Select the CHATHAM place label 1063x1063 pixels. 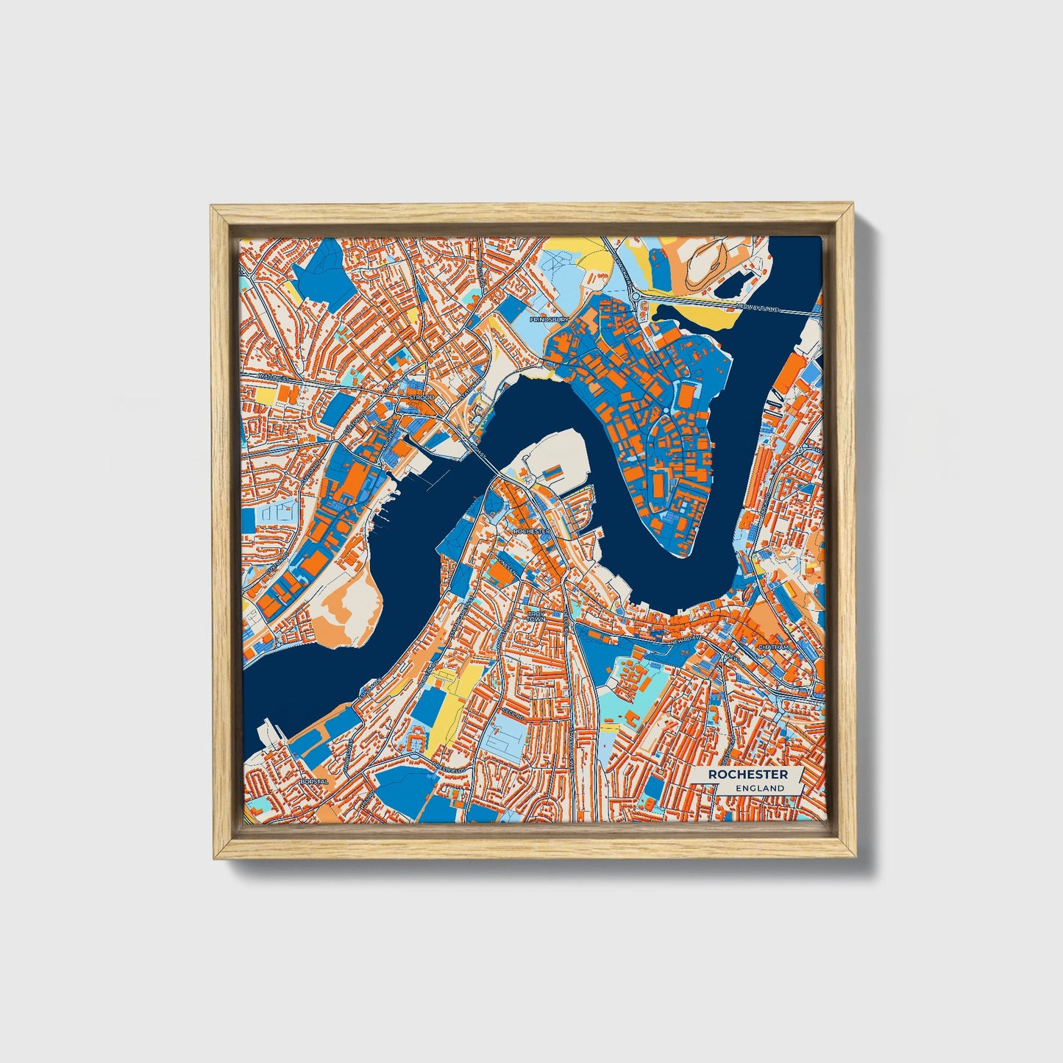[x=773, y=647]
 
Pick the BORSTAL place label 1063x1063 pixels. [x=313, y=781]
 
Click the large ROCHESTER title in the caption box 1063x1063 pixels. [x=747, y=775]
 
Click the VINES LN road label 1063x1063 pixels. [x=508, y=563]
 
